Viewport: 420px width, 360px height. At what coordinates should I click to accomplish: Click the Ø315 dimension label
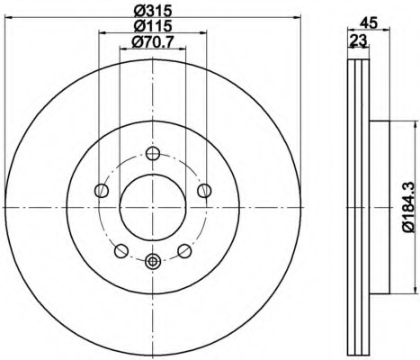[153, 11]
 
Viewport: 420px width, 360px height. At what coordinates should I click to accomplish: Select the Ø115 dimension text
[153, 26]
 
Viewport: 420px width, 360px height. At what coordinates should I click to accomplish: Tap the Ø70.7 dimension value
[153, 41]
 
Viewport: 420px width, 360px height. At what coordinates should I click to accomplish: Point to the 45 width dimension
[368, 23]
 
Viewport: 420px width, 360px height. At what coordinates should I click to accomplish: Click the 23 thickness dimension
[359, 40]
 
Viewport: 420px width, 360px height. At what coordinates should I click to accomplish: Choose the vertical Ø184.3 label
[408, 207]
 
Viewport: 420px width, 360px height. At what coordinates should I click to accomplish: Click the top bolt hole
[153, 153]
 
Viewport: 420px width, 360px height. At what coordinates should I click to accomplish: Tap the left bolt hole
[102, 191]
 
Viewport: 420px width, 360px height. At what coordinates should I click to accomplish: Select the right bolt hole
[204, 191]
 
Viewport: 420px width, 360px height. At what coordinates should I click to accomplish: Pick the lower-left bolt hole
[121, 251]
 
